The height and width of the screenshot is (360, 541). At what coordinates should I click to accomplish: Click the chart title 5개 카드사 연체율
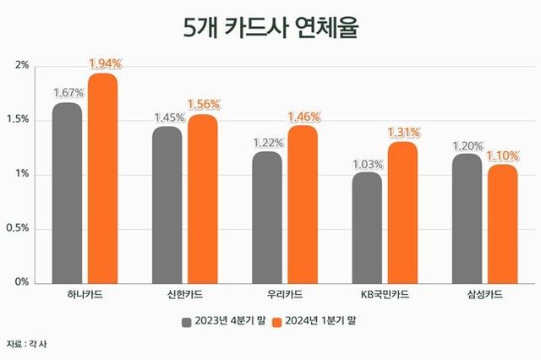click(270, 27)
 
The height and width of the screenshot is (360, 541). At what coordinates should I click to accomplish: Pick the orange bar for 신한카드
click(203, 199)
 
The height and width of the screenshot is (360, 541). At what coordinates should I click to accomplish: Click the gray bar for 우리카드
click(267, 217)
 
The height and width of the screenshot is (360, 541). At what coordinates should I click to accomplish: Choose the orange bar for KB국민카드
click(403, 213)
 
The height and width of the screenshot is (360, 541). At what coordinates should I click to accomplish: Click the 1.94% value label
click(106, 63)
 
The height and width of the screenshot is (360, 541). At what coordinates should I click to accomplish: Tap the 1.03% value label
click(367, 163)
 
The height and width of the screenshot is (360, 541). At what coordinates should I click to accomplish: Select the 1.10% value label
click(504, 155)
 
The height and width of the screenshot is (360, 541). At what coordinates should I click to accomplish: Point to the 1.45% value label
click(167, 117)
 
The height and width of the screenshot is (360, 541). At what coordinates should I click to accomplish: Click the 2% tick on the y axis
click(23, 65)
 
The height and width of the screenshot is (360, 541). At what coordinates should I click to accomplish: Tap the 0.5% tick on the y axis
click(18, 228)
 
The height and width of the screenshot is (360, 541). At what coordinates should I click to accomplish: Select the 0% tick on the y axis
click(21, 282)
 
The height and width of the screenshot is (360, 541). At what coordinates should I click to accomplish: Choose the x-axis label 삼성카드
click(485, 295)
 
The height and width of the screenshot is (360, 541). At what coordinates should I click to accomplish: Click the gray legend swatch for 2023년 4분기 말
click(186, 322)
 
